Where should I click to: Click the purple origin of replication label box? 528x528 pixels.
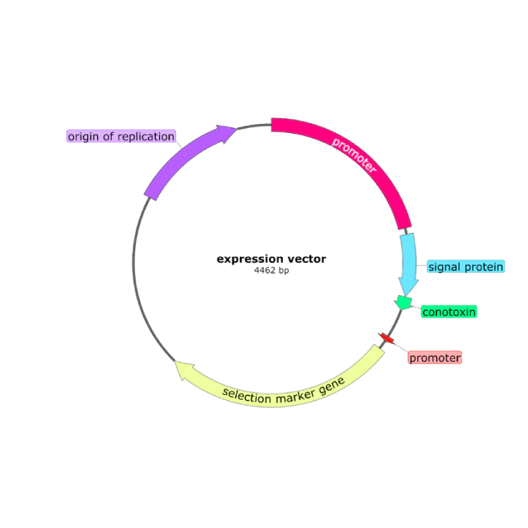tap(120, 136)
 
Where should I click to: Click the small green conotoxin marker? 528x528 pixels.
tap(403, 302)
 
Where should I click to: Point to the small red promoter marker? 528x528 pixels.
tap(386, 339)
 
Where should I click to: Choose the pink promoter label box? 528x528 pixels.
tap(435, 358)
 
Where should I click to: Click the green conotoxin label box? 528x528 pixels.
tap(449, 311)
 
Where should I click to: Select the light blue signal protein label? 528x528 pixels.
tap(465, 267)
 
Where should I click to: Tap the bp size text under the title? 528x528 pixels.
tap(272, 270)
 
